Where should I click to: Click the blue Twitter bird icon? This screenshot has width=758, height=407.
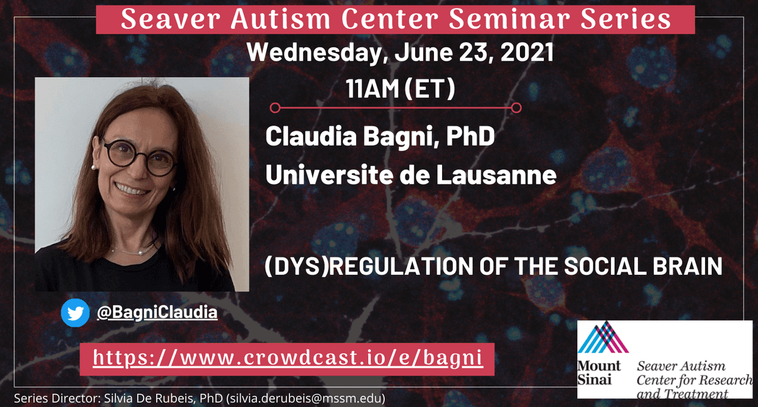pyautogui.click(x=75, y=313)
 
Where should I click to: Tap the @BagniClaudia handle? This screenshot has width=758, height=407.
pyautogui.click(x=157, y=312)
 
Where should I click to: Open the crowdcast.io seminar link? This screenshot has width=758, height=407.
pyautogui.click(x=288, y=358)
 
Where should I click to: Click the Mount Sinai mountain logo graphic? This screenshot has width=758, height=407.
pyautogui.click(x=603, y=337)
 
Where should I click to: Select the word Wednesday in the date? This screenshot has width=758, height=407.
pyautogui.click(x=316, y=53)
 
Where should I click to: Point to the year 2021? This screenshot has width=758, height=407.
pyautogui.click(x=527, y=52)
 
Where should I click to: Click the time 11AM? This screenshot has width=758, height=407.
pyautogui.click(x=372, y=88)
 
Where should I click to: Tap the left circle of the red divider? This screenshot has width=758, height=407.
pyautogui.click(x=275, y=108)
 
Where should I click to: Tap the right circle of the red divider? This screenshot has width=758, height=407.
pyautogui.click(x=516, y=108)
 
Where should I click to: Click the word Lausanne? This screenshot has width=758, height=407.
pyautogui.click(x=496, y=174)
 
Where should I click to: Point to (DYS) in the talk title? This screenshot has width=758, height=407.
pyautogui.click(x=297, y=267)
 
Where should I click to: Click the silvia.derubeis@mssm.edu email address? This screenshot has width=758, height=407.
pyautogui.click(x=307, y=399)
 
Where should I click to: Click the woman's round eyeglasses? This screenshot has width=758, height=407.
pyautogui.click(x=140, y=157)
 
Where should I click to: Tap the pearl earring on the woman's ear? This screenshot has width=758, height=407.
pyautogui.click(x=93, y=167)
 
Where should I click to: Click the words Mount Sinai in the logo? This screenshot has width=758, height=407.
pyautogui.click(x=599, y=373)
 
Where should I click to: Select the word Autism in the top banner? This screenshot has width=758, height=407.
pyautogui.click(x=280, y=19)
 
